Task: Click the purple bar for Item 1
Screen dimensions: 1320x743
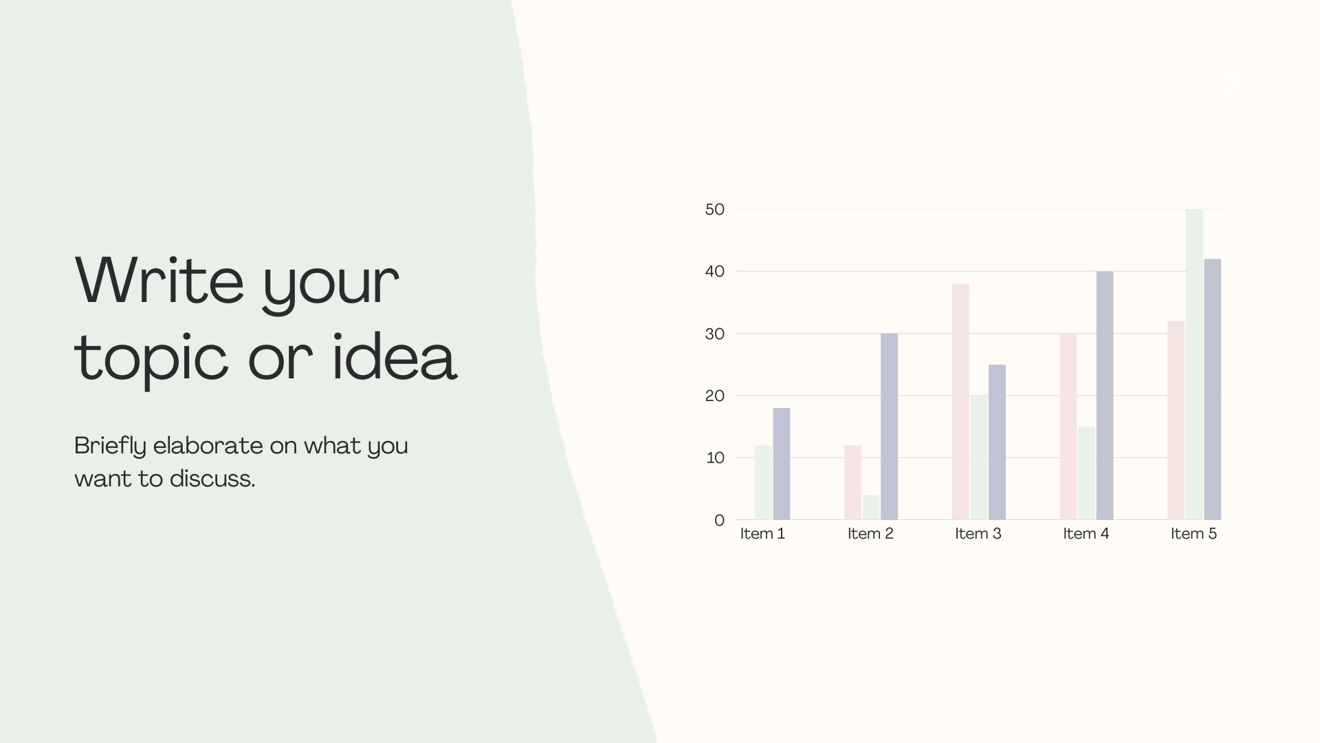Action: click(x=782, y=464)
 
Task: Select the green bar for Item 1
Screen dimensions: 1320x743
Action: click(x=764, y=482)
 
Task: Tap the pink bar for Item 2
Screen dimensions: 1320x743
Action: click(x=852, y=482)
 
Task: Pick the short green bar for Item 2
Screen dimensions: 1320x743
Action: click(x=871, y=507)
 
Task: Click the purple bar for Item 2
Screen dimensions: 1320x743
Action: click(x=889, y=427)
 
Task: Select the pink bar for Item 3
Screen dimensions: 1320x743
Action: click(x=960, y=402)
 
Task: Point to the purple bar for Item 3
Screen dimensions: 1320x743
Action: click(x=997, y=442)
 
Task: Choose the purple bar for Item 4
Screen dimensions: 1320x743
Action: click(x=1105, y=396)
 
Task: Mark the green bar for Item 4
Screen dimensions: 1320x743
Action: click(x=1087, y=473)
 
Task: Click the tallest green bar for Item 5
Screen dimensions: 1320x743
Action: click(x=1195, y=365)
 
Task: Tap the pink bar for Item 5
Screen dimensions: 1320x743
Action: click(x=1176, y=420)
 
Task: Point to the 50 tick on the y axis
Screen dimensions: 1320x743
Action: click(x=715, y=209)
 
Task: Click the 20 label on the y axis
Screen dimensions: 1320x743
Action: click(x=715, y=396)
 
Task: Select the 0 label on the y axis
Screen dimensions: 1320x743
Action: click(x=720, y=520)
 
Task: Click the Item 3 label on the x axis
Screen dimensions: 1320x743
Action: click(x=978, y=534)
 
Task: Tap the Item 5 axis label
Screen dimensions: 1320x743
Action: click(x=1194, y=534)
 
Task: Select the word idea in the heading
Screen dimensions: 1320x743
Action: click(x=395, y=356)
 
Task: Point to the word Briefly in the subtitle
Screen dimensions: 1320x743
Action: click(x=111, y=446)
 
